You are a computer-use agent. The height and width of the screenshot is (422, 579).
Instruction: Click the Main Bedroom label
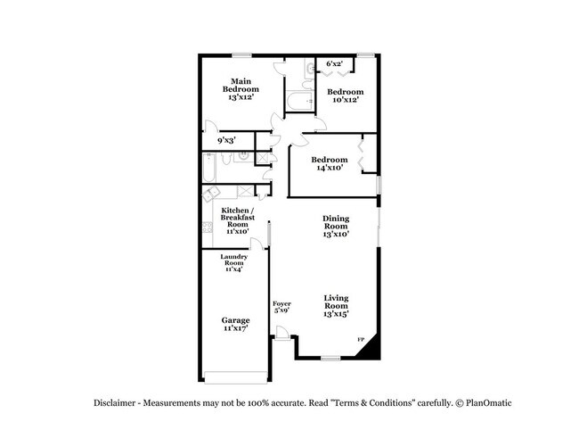241,85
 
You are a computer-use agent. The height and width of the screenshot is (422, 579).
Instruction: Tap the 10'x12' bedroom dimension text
346,100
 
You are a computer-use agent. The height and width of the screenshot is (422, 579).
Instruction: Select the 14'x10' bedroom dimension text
330,168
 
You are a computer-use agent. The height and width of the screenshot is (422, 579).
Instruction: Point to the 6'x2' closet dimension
334,63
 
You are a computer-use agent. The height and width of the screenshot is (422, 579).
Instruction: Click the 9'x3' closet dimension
226,140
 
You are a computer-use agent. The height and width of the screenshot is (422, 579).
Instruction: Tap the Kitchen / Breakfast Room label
238,217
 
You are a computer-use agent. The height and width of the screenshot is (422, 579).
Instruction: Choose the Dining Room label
336,222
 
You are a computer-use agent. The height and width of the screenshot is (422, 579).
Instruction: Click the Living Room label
336,302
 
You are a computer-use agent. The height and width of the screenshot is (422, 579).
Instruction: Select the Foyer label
281,303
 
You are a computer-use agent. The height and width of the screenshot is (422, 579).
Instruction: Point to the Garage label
235,320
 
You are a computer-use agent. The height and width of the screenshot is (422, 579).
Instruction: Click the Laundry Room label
233,260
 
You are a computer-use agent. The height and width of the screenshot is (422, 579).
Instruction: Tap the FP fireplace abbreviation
361,339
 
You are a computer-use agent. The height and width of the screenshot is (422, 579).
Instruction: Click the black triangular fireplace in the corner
371,349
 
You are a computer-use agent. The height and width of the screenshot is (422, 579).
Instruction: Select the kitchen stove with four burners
208,228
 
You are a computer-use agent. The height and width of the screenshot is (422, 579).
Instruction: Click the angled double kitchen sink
211,194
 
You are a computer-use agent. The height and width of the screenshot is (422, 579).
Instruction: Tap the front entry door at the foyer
282,332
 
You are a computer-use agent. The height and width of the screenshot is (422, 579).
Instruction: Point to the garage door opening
235,377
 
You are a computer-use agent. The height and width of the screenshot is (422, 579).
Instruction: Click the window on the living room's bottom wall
330,358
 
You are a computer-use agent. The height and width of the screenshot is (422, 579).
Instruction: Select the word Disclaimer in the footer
115,402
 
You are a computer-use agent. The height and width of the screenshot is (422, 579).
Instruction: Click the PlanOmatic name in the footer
488,402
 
